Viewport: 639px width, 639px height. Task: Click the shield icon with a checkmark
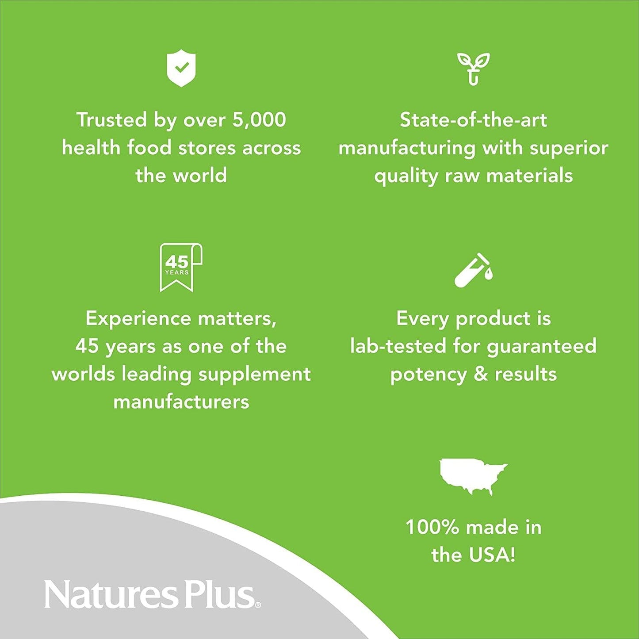coord(181,68)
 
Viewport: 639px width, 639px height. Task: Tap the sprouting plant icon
coord(473,68)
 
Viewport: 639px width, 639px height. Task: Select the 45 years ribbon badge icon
coord(180,267)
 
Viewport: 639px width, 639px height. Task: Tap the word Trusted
coord(111,120)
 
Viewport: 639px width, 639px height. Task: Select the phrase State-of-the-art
coord(473,120)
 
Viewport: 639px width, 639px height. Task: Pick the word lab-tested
coord(398,346)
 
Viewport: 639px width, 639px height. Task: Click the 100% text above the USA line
coord(432,527)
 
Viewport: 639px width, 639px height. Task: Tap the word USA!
coord(495,555)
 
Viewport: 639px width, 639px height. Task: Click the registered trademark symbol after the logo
coord(258,605)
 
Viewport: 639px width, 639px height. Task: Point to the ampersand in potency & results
coord(481,374)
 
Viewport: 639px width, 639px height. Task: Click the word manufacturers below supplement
coord(181,402)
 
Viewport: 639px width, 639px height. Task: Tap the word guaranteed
coord(542,347)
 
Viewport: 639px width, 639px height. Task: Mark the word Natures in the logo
coord(111,595)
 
